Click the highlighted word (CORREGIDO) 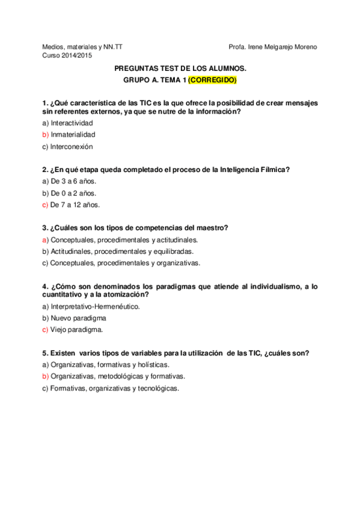click(x=212, y=80)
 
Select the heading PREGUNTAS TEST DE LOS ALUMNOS click(x=180, y=69)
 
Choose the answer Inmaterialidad click(x=73, y=135)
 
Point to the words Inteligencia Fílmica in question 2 click(x=255, y=170)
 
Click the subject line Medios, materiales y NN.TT click(x=82, y=47)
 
